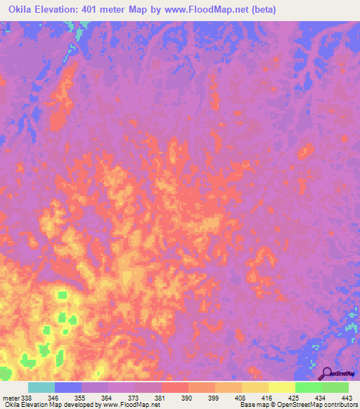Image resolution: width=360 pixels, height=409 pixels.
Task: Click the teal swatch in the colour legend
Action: (x=41, y=387)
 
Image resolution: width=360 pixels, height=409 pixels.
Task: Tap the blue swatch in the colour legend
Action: (x=68, y=387)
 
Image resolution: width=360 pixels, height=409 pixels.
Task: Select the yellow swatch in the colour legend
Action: (x=281, y=387)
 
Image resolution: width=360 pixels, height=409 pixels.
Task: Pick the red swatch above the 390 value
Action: (x=174, y=387)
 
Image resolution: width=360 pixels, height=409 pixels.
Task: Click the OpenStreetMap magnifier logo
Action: (x=328, y=372)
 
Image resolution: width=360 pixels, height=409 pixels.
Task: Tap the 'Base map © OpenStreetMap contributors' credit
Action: (x=299, y=405)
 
